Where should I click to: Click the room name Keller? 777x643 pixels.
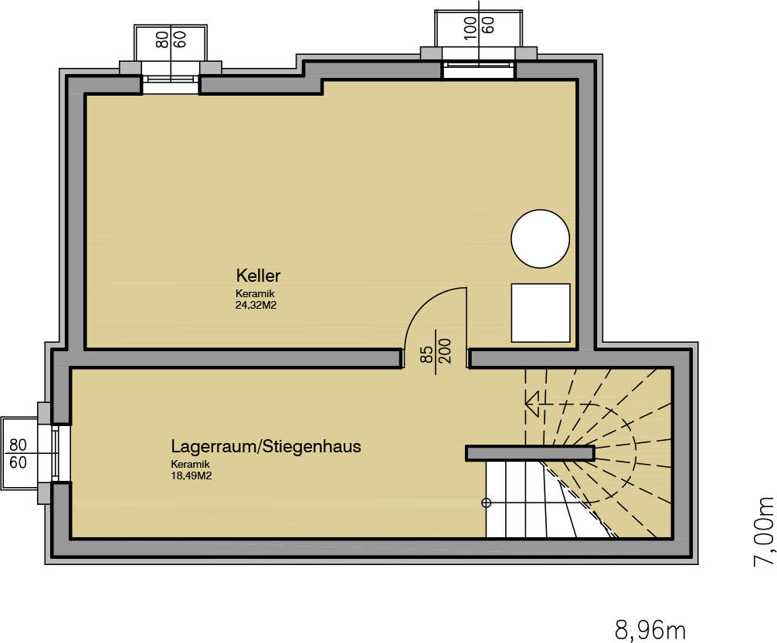coord(258,276)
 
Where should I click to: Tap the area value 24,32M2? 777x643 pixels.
coord(256,306)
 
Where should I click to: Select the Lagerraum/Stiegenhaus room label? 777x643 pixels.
coord(266,446)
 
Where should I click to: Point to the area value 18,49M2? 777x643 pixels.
coord(192,476)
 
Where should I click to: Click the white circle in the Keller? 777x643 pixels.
coord(540,239)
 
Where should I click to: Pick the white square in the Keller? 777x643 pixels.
coord(541,313)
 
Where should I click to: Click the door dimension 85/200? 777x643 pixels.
coord(436,352)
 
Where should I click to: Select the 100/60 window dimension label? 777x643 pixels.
coord(479,25)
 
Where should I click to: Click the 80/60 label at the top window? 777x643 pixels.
coord(171,39)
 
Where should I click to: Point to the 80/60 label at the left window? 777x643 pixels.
coord(19,453)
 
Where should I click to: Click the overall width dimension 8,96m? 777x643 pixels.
coord(650,631)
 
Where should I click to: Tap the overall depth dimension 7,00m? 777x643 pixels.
coord(764,531)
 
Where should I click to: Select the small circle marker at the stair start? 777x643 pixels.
coord(486,503)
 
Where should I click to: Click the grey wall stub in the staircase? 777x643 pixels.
coord(530,453)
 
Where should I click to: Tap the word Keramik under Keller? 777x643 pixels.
coord(255,294)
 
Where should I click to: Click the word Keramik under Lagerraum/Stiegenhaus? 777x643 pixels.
coord(190,464)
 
